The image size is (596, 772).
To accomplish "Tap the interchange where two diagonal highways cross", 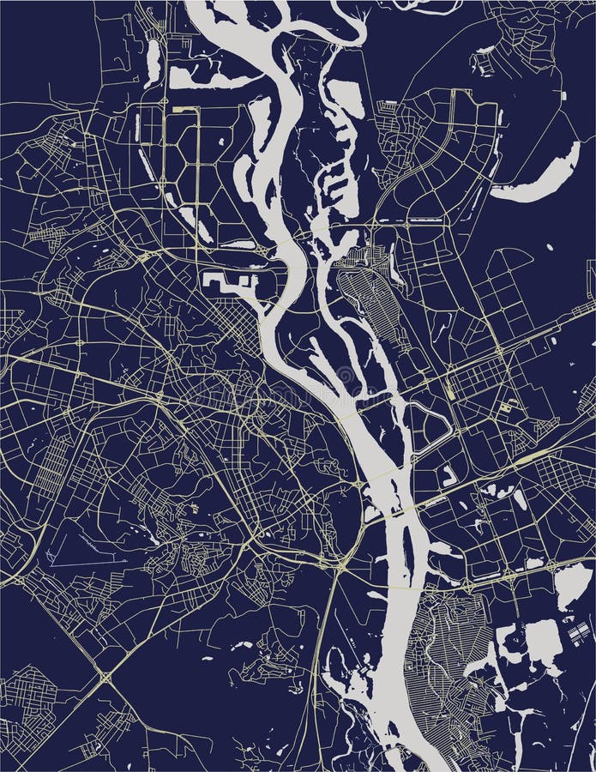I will (105, 678).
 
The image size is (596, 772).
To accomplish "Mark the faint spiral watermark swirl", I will (346, 377).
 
